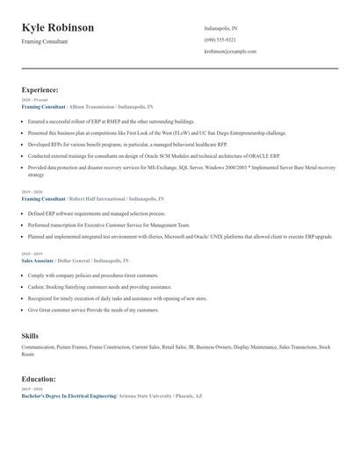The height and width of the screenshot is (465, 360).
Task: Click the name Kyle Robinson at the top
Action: coord(58,28)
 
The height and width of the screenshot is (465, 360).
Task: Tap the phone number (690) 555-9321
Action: coord(220,39)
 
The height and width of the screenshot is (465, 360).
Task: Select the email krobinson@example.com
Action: coord(230,52)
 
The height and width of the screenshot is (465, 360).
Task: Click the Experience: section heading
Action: coord(40,89)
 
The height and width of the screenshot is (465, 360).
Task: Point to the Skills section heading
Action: coord(30,336)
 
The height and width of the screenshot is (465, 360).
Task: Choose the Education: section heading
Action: coord(39,379)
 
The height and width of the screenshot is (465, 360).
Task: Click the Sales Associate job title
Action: coord(38,261)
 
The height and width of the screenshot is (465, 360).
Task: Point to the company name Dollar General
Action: coord(73,261)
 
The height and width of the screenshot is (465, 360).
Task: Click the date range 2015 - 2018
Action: coord(31,389)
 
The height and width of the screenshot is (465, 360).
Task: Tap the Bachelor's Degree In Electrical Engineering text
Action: coord(68,396)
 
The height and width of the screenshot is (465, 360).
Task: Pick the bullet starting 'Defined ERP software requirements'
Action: coord(97,213)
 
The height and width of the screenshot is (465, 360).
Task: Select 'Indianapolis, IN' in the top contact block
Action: coord(221,28)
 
